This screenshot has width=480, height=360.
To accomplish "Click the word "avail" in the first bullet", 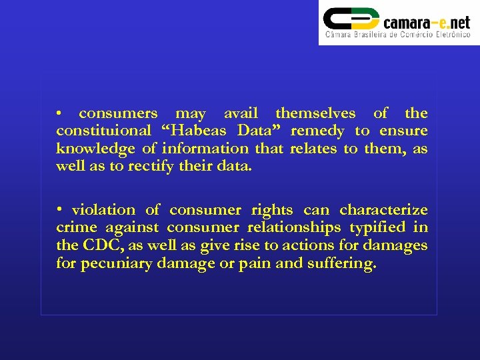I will point(241,113).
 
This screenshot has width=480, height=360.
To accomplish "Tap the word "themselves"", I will point(315,113).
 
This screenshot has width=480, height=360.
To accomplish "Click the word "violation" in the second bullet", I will point(103,210).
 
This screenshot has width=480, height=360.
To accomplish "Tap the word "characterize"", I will point(383,210).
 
